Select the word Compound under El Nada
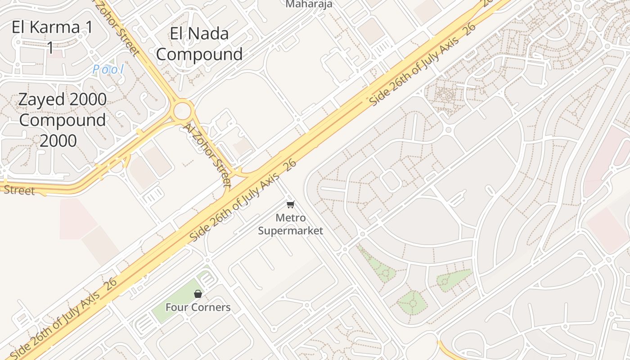[x=199, y=54]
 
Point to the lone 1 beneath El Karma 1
[x=51, y=47]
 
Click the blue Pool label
[x=108, y=69]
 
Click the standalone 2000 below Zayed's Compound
[x=58, y=141]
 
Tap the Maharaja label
[x=309, y=4]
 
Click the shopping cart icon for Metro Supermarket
[x=291, y=205]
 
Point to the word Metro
[x=291, y=218]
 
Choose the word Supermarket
[x=291, y=231]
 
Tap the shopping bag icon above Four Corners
[x=198, y=294]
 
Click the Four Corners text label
[x=198, y=307]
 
